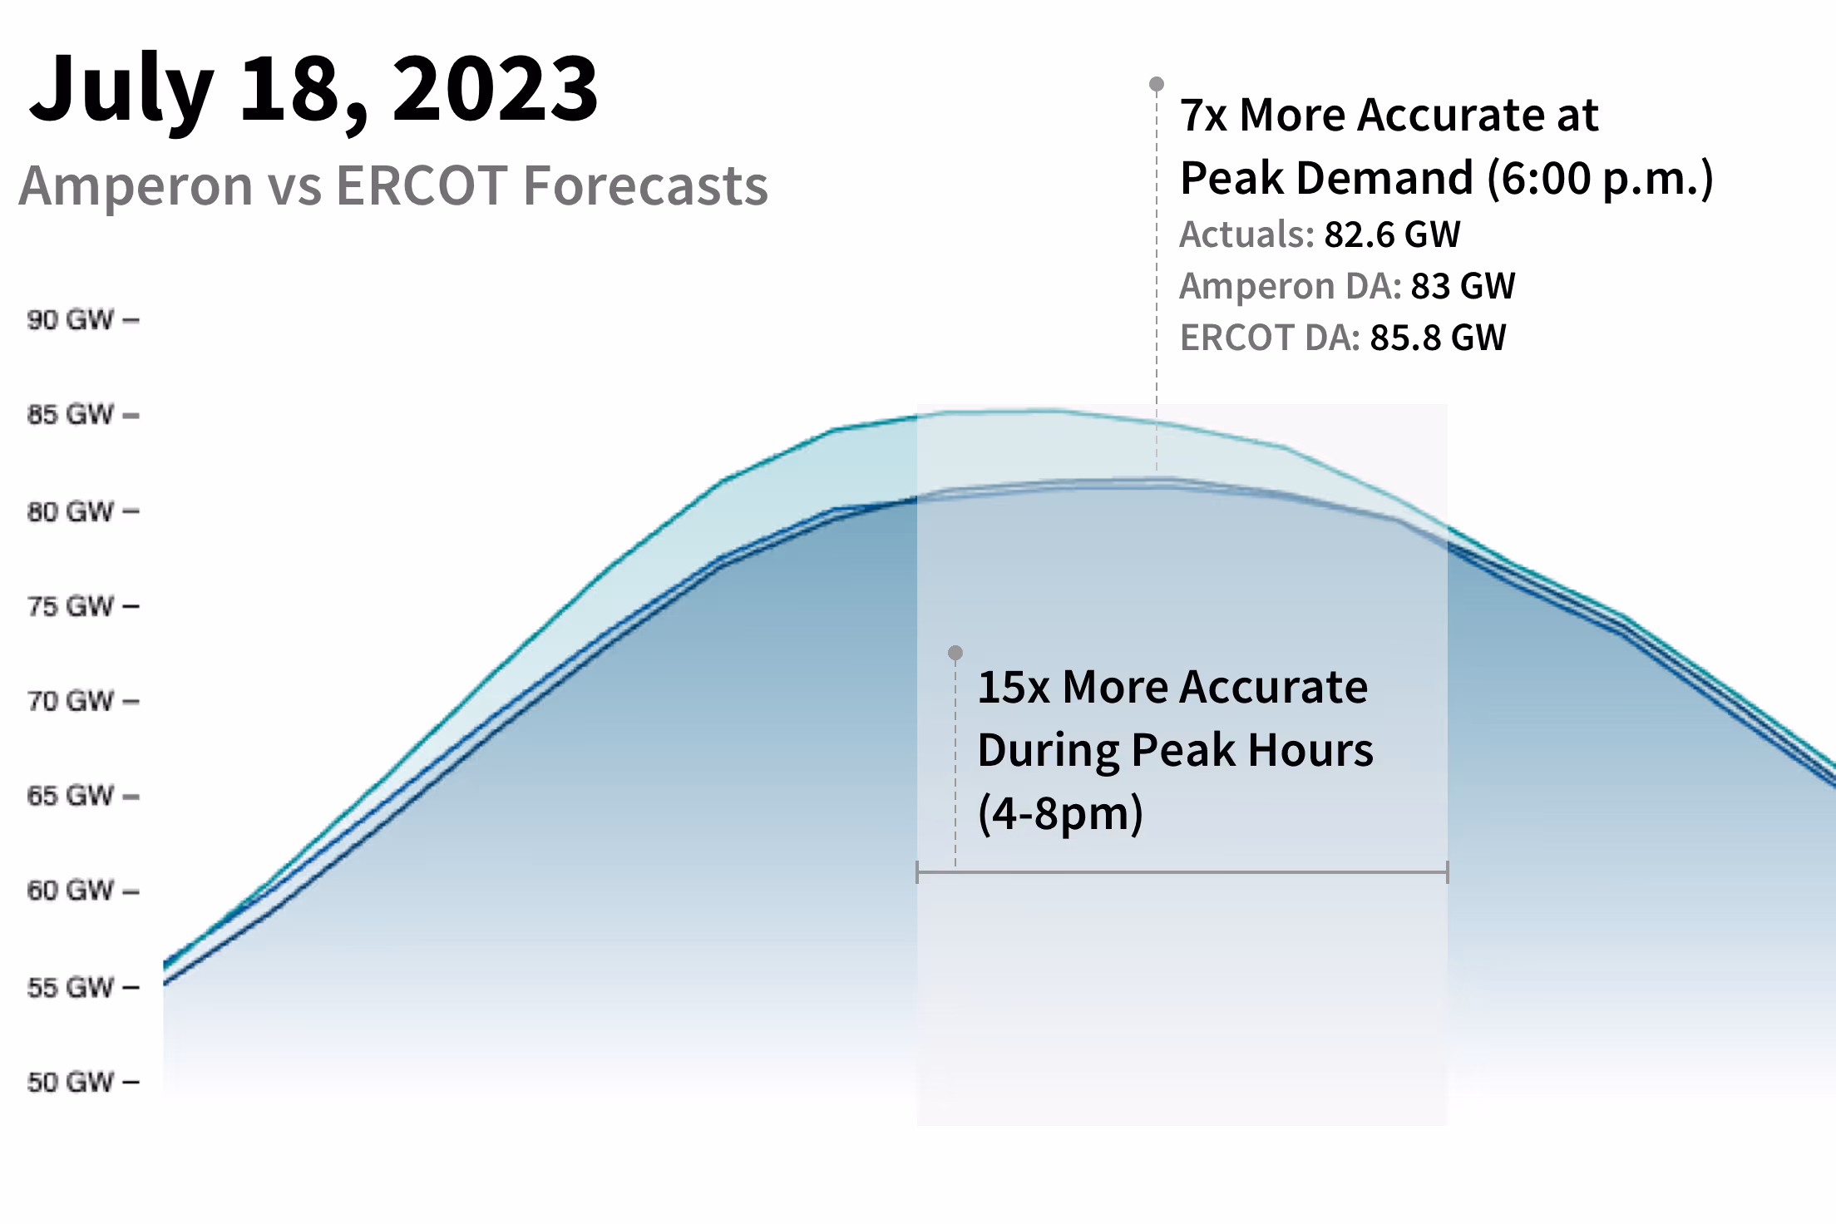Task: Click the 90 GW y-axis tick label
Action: [x=70, y=319]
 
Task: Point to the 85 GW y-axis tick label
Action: [x=70, y=414]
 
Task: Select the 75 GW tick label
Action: [x=70, y=605]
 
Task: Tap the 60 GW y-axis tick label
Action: [x=70, y=891]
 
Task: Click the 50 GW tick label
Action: [x=70, y=1082]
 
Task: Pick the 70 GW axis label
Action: [x=70, y=700]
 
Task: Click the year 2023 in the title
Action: [x=495, y=88]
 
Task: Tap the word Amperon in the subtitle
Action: [x=136, y=185]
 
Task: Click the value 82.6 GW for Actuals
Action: [x=1392, y=234]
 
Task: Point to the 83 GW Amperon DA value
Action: [x=1463, y=286]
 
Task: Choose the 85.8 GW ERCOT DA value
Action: [x=1438, y=338]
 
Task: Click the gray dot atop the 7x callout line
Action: [x=1157, y=84]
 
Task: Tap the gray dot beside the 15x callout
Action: [x=955, y=653]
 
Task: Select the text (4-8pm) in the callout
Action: [x=1060, y=813]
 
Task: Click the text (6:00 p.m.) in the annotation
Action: [x=1600, y=178]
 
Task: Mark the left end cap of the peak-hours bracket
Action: [x=917, y=872]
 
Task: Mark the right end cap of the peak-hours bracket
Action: [x=1447, y=872]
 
